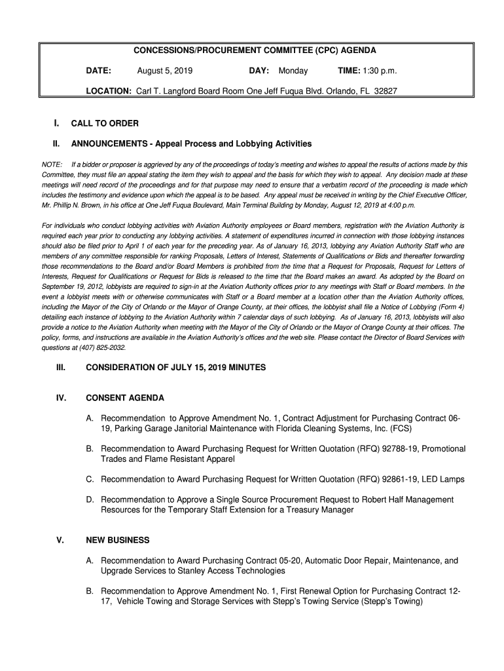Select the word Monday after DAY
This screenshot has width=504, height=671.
click(x=293, y=71)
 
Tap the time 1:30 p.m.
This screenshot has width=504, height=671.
click(x=376, y=71)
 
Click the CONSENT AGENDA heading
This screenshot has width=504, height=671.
click(x=125, y=398)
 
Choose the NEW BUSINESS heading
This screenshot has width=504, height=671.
click(x=118, y=541)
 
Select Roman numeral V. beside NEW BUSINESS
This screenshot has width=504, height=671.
click(x=60, y=541)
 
